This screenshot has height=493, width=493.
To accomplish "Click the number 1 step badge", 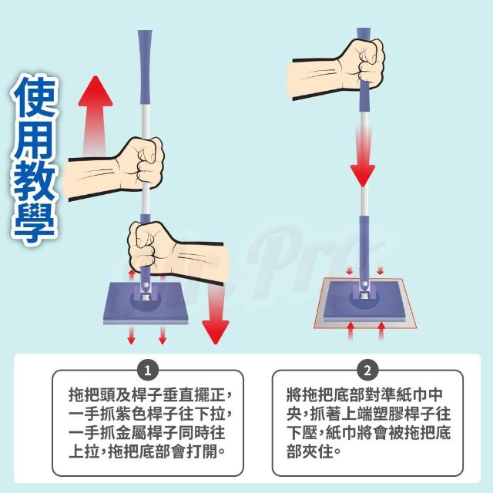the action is tap(147, 371).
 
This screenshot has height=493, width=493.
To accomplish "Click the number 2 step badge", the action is tap(367, 371).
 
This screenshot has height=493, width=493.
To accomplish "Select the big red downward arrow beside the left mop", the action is tap(216, 314).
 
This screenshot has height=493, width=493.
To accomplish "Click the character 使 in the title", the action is tap(35, 96).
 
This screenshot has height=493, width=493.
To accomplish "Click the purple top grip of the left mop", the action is tap(145, 67).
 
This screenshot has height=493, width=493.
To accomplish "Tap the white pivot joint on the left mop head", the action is tap(145, 285).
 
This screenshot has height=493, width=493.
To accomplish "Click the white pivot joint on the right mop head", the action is tap(364, 284).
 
